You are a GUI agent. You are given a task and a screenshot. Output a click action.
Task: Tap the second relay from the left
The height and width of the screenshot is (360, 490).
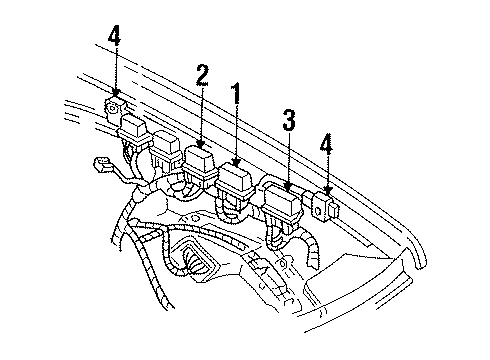(x=162, y=142)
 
